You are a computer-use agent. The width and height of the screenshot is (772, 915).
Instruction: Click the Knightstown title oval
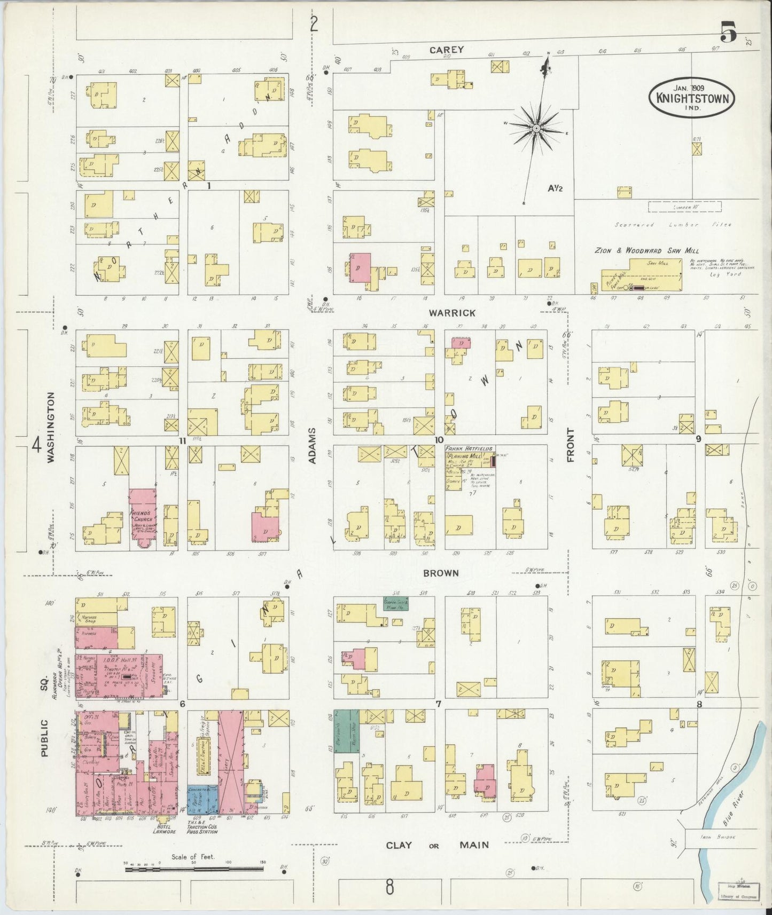click(x=691, y=97)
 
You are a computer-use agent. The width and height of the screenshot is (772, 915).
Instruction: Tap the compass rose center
click(x=535, y=128)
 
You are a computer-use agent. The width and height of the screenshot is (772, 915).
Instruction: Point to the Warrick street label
click(x=453, y=313)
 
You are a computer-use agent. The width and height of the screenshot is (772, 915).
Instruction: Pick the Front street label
click(x=570, y=444)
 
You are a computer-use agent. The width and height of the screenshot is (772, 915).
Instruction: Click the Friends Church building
click(x=142, y=516)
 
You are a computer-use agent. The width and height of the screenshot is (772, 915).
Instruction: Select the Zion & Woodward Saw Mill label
click(x=647, y=250)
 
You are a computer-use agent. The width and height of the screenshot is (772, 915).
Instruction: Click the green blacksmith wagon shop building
click(x=347, y=731)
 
